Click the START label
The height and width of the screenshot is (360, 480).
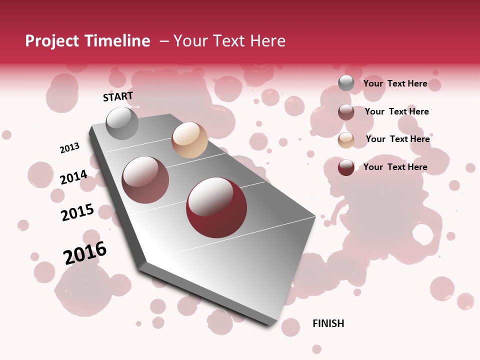tap(118, 96)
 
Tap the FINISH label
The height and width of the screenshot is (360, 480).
tap(328, 323)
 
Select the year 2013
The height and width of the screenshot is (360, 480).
tap(69, 148)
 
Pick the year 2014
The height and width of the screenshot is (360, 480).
tap(73, 177)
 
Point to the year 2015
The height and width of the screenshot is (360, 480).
tap(77, 212)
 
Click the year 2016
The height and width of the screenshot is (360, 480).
tap(85, 253)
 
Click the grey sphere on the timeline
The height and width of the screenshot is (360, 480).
tap(122, 123)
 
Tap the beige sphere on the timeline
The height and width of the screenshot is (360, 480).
tap(189, 140)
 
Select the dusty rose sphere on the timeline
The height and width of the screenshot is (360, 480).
tap(145, 180)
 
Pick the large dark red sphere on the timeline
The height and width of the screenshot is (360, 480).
tap(216, 207)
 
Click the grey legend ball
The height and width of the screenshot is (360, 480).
tap(346, 83)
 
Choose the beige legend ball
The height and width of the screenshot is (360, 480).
tap(346, 139)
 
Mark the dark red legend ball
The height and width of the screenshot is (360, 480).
tap(346, 167)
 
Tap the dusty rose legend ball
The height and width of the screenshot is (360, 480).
tap(346, 112)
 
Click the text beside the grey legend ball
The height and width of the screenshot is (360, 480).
tap(395, 83)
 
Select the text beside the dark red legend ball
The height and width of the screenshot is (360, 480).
tap(395, 167)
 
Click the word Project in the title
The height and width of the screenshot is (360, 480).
tap(52, 41)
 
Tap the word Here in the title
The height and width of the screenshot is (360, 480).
tap(267, 41)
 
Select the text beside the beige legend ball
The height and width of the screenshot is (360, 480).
tap(397, 139)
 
